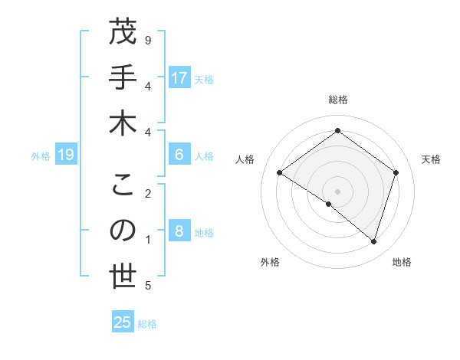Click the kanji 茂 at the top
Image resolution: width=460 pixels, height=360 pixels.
[x=123, y=34]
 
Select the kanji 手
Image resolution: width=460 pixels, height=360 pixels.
[x=123, y=78]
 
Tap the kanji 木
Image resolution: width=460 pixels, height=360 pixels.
[x=123, y=123]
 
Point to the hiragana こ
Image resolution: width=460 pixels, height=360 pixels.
[x=123, y=185]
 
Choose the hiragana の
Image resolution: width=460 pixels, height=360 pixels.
[x=123, y=231]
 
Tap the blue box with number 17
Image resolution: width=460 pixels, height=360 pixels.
[x=179, y=78]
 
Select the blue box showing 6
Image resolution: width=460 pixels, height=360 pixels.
[x=179, y=155]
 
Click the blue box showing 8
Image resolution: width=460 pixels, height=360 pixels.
[x=179, y=232]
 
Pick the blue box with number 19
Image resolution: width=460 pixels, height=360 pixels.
[x=66, y=155]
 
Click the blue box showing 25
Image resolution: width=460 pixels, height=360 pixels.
[x=123, y=322]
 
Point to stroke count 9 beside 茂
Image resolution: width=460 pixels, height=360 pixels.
[x=147, y=39]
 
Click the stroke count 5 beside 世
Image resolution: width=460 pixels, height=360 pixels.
[x=147, y=286]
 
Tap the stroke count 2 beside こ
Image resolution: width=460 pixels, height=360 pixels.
[x=147, y=194]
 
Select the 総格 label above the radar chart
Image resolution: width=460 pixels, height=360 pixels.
[x=337, y=100]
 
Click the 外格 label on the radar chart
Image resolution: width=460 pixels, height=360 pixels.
[x=270, y=262]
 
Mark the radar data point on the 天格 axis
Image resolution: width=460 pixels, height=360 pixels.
[x=396, y=173]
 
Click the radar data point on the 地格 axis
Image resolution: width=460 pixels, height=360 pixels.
[x=374, y=241]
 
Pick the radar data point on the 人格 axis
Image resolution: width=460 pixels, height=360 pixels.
[x=279, y=173]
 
